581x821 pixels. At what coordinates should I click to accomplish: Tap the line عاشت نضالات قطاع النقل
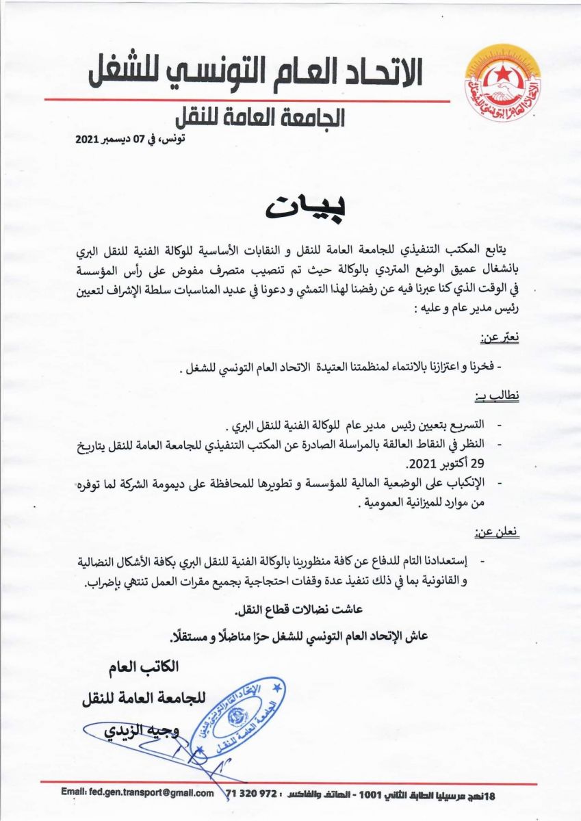(x=291, y=609)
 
